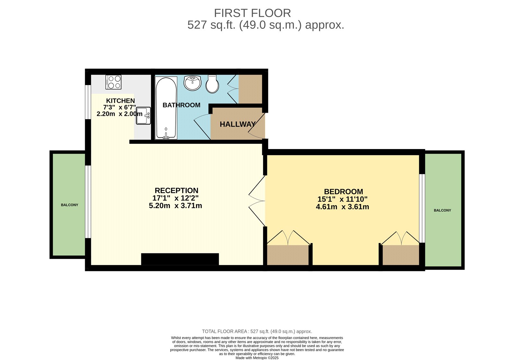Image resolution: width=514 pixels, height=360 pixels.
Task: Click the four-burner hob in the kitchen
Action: click(113, 82)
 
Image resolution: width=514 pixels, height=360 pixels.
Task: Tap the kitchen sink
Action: click(143, 116)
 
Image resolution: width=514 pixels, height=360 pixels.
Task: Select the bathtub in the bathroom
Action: click(166, 108)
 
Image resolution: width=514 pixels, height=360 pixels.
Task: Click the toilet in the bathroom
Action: click(212, 84)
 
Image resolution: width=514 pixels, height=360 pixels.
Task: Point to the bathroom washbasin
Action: click(192, 83)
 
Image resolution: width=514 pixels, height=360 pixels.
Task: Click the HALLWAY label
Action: click(237, 124)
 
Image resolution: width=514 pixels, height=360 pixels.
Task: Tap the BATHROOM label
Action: click(181, 105)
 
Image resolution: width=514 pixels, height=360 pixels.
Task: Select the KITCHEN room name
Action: click(120, 101)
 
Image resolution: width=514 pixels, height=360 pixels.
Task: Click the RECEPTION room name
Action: click(176, 190)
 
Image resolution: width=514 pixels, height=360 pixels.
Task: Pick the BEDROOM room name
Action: click(343, 192)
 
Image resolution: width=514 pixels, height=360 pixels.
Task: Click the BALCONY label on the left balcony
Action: click(69, 205)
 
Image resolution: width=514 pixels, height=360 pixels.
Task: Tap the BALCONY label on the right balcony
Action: click(442, 210)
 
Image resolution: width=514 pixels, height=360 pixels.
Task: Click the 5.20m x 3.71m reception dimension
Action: click(175, 206)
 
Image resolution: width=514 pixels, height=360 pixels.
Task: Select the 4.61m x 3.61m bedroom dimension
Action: click(342, 207)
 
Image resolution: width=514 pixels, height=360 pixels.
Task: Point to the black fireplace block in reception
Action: click(180, 259)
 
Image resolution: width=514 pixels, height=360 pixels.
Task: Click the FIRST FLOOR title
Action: click(253, 13)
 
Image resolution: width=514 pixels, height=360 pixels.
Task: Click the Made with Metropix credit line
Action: click(257, 358)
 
